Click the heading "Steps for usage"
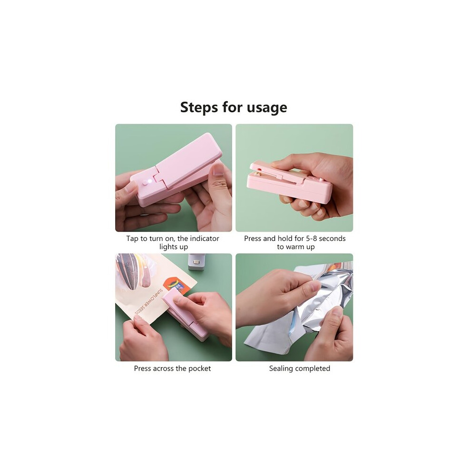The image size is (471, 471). pyautogui.click(x=234, y=108)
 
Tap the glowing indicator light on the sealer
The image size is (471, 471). pyautogui.click(x=146, y=181)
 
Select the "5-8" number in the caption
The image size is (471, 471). pyautogui.click(x=311, y=238)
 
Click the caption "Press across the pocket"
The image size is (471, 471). pyautogui.click(x=172, y=369)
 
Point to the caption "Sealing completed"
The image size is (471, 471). pyautogui.click(x=299, y=369)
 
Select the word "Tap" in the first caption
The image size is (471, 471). pyautogui.click(x=132, y=238)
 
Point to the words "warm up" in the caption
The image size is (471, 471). pyautogui.click(x=300, y=247)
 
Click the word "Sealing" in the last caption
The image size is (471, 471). pyautogui.click(x=280, y=369)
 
